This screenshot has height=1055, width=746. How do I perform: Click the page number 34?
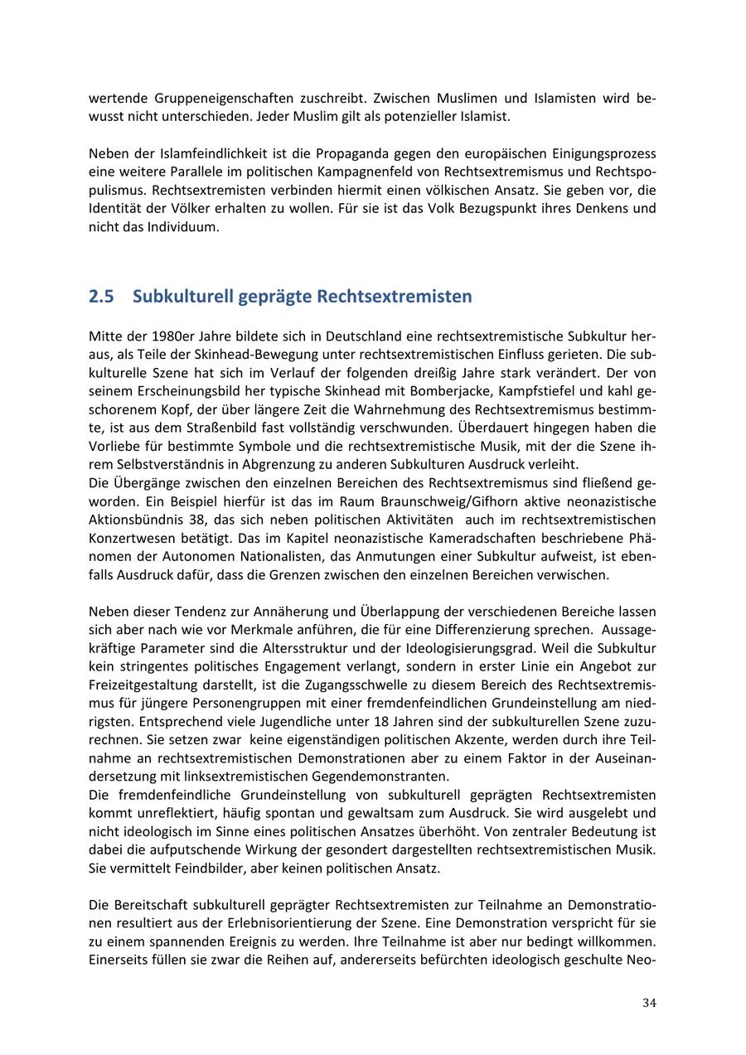pyautogui.click(x=649, y=1003)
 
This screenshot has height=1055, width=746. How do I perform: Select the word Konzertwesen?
pyautogui.click(x=129, y=538)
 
